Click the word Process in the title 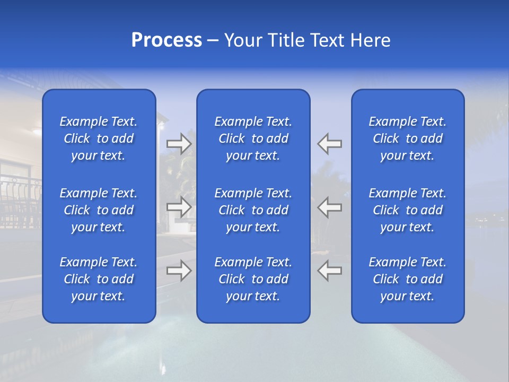coord(166,40)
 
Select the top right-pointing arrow coord(179,143)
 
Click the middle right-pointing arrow coord(179,207)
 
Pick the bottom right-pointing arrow coord(179,271)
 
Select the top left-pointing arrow coord(330,143)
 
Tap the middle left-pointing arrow coord(330,207)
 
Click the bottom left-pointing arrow coord(330,271)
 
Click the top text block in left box coord(99,138)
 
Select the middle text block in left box coord(99,210)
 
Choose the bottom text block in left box coord(99,279)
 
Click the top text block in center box coord(253,138)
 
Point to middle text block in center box coord(253,210)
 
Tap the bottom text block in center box coord(253,279)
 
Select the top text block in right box coord(408,138)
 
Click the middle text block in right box coord(408,210)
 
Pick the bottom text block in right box coord(408,279)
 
